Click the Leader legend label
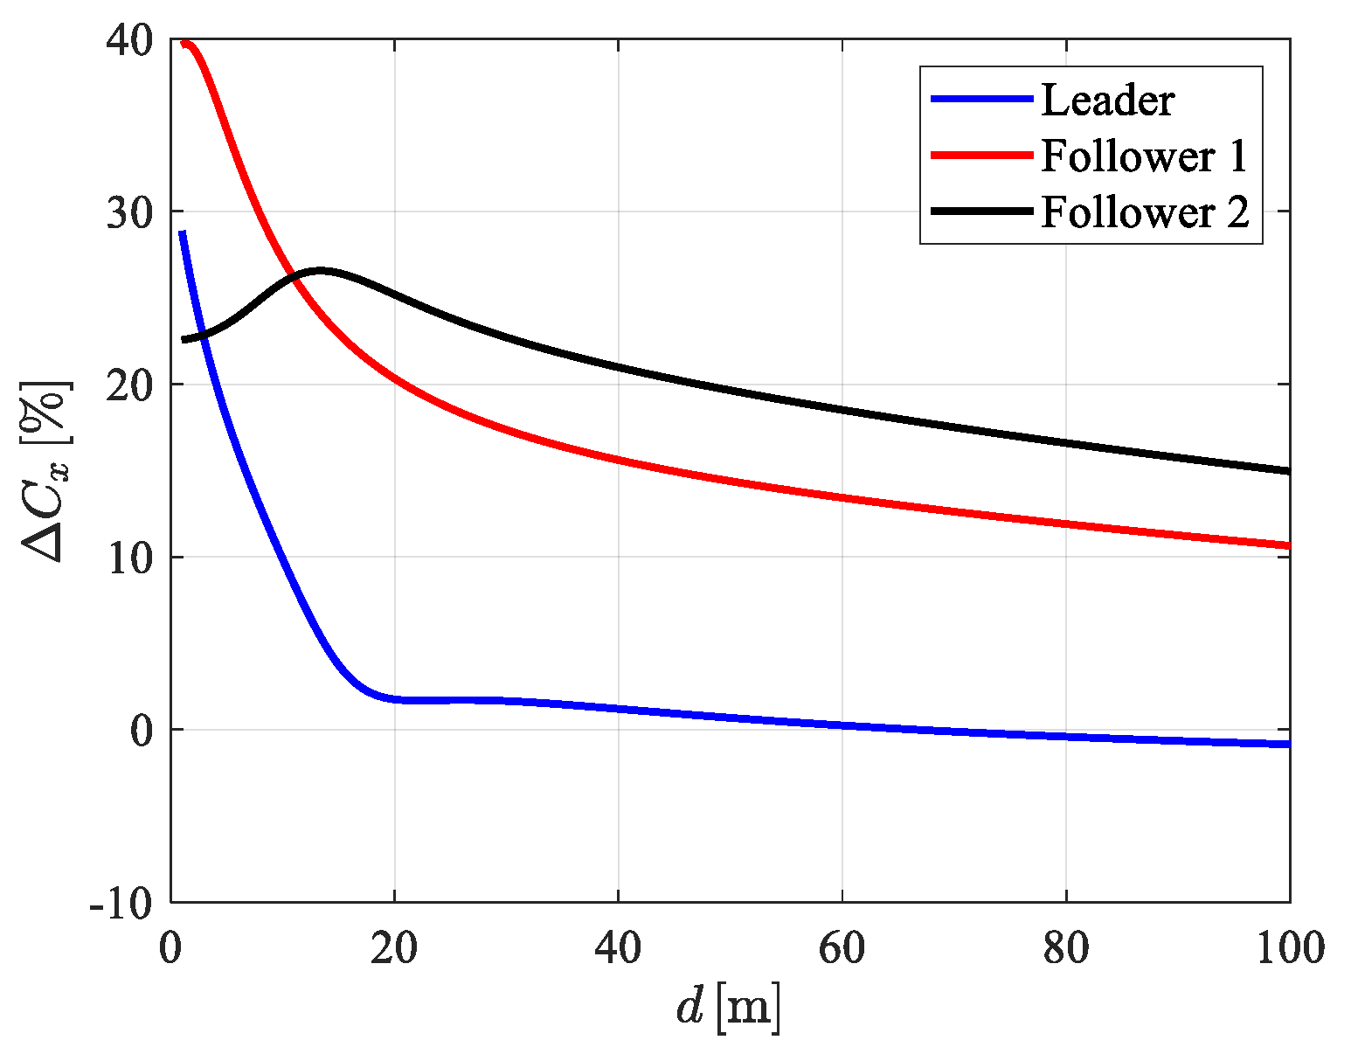pos(1107,101)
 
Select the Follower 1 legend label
pos(1144,156)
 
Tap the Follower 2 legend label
pos(1145,212)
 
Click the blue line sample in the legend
pos(981,100)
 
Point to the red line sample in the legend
pos(981,156)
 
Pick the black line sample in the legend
pos(981,212)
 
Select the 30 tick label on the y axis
pos(130,212)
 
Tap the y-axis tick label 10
pos(130,558)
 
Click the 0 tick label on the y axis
pos(142,731)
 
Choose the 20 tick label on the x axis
pos(394,949)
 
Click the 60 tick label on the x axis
pos(842,949)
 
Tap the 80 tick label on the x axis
pos(1066,949)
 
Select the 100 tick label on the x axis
pos(1290,949)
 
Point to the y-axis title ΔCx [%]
pos(45,471)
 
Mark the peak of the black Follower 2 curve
pos(320,271)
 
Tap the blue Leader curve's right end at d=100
pos(1288,744)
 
